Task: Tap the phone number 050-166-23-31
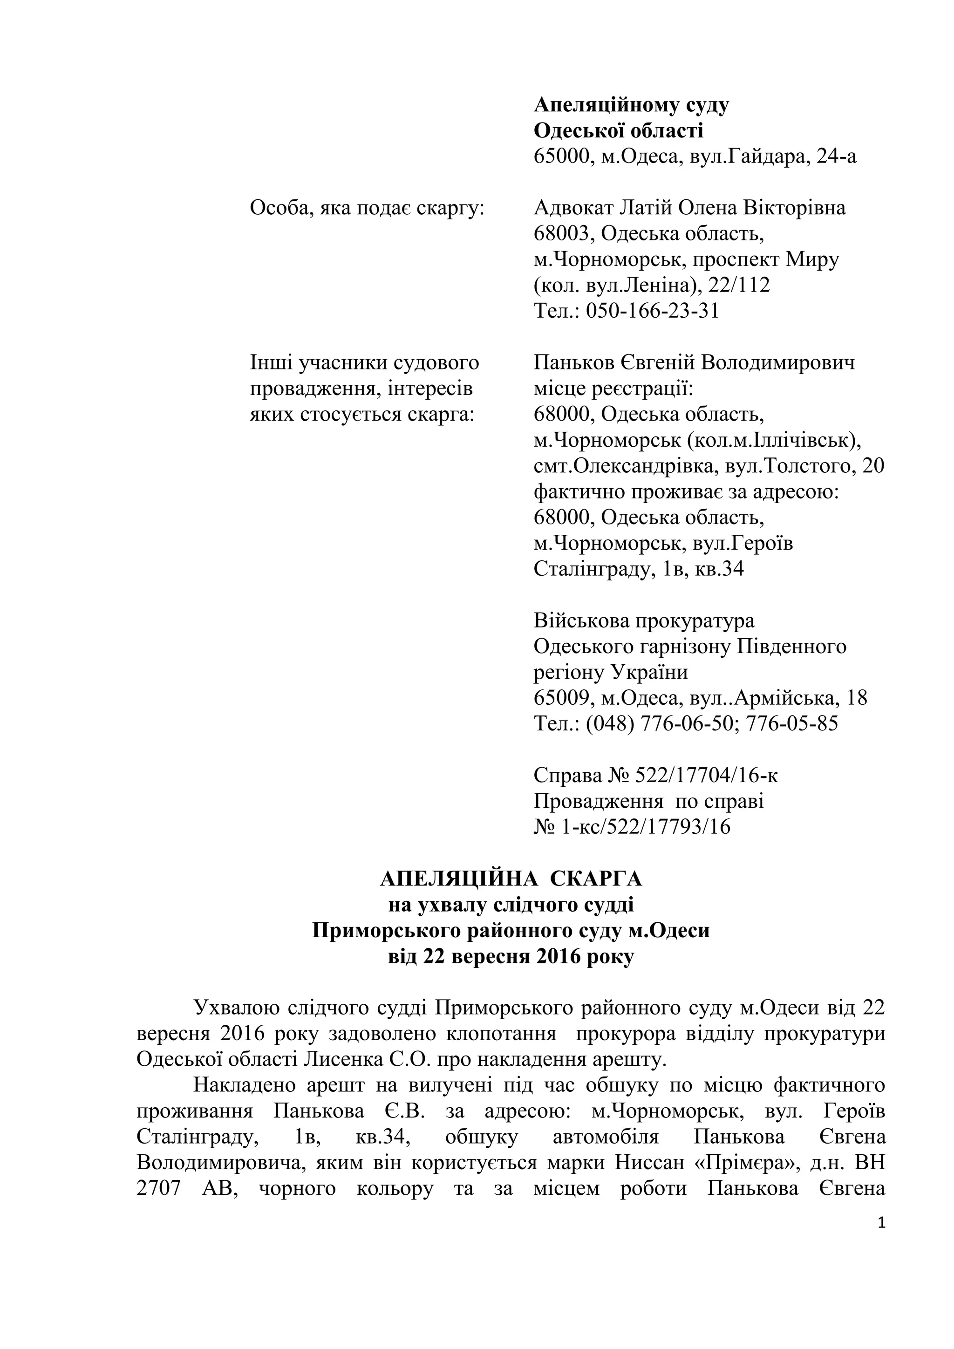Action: pyautogui.click(x=650, y=311)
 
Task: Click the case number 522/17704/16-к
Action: pyautogui.click(x=706, y=776)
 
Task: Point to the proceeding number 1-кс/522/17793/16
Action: pyautogui.click(x=643, y=827)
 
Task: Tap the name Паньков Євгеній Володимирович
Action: pyautogui.click(x=694, y=362)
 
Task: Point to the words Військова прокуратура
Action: pyautogui.click(x=644, y=620)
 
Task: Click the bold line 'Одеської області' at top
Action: pyautogui.click(x=618, y=130)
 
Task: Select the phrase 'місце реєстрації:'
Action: pyautogui.click(x=613, y=388)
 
